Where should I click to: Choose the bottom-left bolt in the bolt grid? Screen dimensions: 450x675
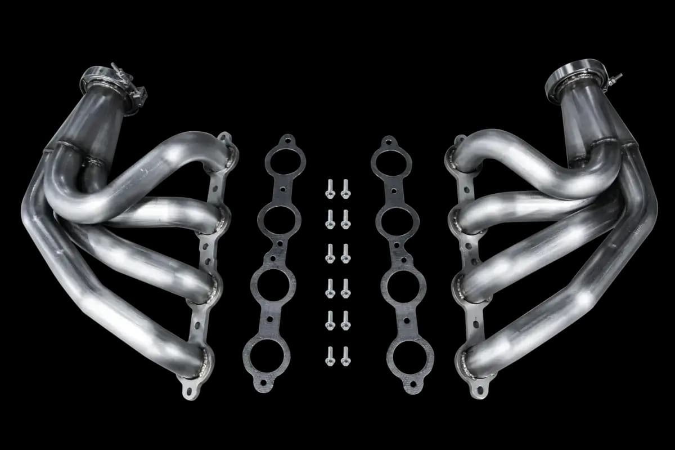tap(330, 355)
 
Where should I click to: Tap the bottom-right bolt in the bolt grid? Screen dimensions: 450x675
tap(345, 355)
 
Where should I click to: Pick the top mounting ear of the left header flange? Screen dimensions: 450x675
tap(226, 137)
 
